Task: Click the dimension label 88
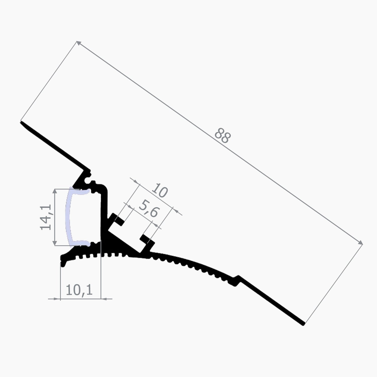(222, 136)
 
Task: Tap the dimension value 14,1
(46, 217)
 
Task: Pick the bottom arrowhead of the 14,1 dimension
(55, 242)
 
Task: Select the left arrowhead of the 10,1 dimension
(58, 299)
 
